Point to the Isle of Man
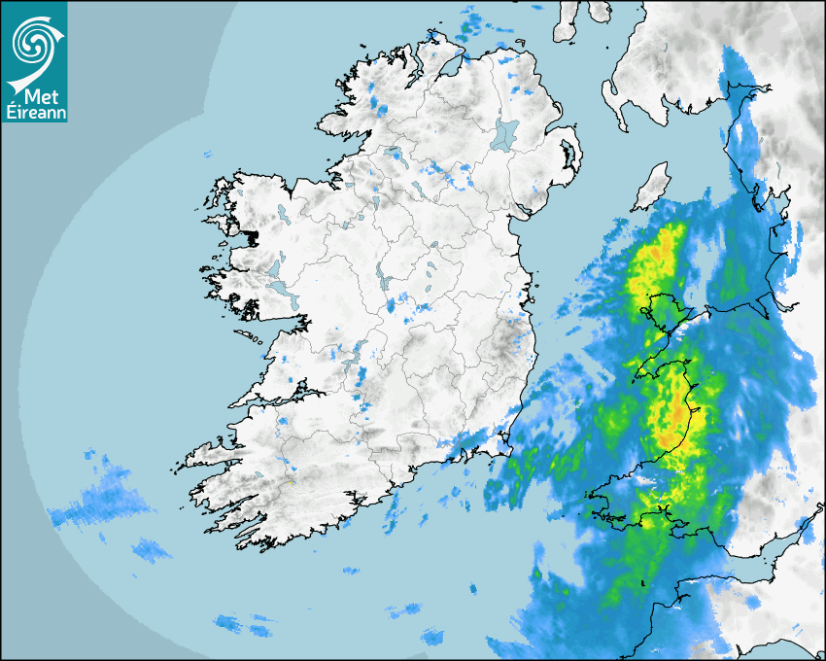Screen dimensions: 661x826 click(x=652, y=187)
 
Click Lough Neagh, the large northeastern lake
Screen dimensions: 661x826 click(x=505, y=133)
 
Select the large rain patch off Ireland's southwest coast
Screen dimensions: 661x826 click(x=102, y=501)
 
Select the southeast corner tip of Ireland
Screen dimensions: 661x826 click(x=506, y=444)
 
